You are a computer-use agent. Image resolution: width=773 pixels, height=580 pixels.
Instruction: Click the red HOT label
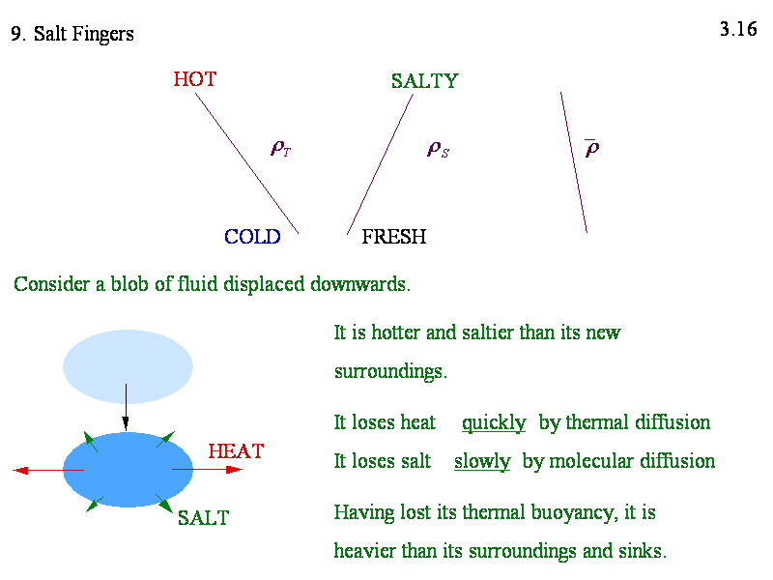(x=195, y=79)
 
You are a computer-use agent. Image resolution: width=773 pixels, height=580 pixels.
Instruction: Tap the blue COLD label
(x=252, y=237)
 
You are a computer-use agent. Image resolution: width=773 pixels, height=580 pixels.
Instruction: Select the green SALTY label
(x=424, y=81)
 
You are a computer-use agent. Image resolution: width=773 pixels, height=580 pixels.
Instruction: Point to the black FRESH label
(x=394, y=237)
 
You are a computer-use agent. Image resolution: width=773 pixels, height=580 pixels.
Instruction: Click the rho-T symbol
(x=281, y=148)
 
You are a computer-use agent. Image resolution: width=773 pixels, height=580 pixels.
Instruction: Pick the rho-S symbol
(x=438, y=149)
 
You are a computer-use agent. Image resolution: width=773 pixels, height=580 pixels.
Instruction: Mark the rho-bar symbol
(x=592, y=148)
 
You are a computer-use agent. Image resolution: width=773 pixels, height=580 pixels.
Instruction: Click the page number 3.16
(x=738, y=29)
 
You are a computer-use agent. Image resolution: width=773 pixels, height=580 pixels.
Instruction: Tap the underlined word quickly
(x=494, y=423)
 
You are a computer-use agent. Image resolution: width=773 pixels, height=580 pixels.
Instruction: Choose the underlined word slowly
(x=482, y=462)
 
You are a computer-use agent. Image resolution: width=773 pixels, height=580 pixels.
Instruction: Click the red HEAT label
(x=236, y=451)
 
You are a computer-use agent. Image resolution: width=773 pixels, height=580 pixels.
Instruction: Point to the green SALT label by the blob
(x=203, y=518)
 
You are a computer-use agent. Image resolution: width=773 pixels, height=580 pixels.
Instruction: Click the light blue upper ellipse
(x=128, y=366)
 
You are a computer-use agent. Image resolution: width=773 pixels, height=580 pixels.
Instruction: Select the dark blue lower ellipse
(x=128, y=470)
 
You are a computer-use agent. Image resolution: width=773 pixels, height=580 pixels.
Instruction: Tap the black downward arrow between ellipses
(x=126, y=407)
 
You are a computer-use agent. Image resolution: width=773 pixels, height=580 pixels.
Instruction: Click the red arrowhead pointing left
(x=19, y=471)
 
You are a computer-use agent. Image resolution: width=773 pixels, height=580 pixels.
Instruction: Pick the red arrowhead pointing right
(x=235, y=470)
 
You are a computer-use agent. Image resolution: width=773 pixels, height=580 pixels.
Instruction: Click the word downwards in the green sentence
(x=360, y=284)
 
